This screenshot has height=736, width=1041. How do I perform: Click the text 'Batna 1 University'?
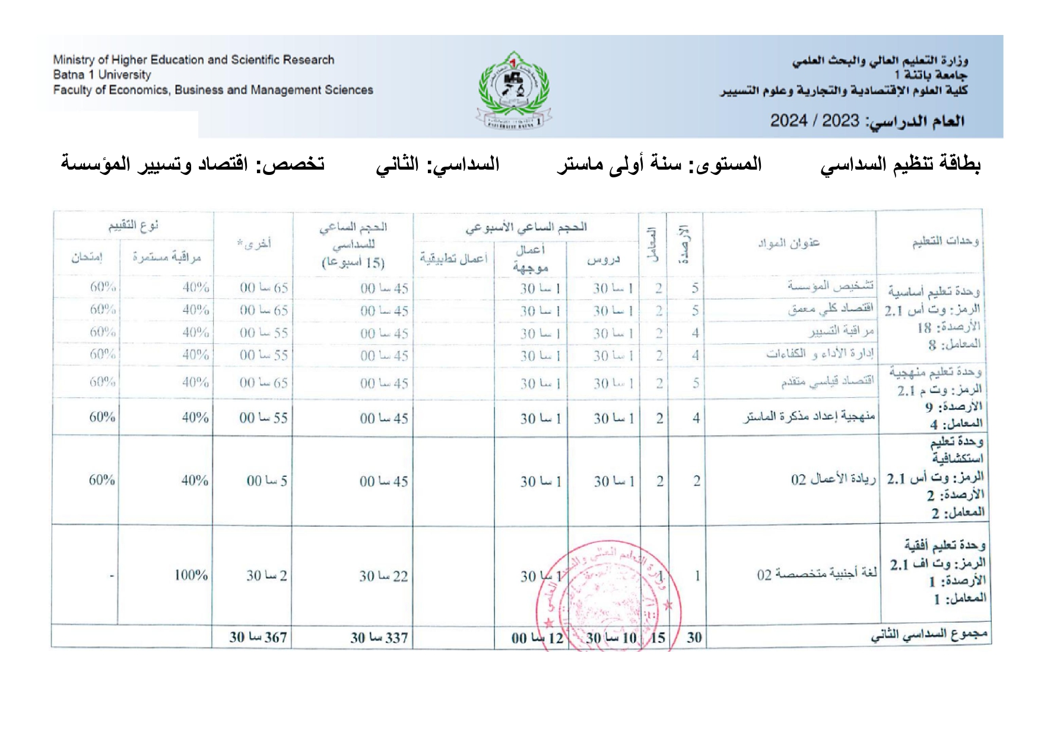click(x=102, y=75)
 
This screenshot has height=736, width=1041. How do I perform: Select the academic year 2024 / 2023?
click(x=814, y=121)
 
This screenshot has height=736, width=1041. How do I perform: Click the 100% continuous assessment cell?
click(x=191, y=575)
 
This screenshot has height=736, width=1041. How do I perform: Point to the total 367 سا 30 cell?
click(x=258, y=638)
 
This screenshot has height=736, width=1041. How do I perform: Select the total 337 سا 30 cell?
click(x=379, y=638)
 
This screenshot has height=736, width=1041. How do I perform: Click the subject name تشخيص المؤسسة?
click(x=830, y=286)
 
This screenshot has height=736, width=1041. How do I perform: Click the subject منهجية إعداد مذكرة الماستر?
click(x=808, y=417)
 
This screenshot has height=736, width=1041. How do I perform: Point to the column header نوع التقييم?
click(x=133, y=226)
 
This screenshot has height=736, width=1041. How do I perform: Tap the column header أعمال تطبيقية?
click(x=453, y=258)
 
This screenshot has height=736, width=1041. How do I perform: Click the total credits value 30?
click(x=694, y=638)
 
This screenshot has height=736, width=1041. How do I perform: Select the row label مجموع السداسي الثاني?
click(x=929, y=635)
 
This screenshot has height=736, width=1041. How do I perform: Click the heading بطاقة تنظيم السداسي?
click(x=900, y=164)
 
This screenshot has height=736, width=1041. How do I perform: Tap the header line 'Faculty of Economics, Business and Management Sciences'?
click(x=213, y=90)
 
